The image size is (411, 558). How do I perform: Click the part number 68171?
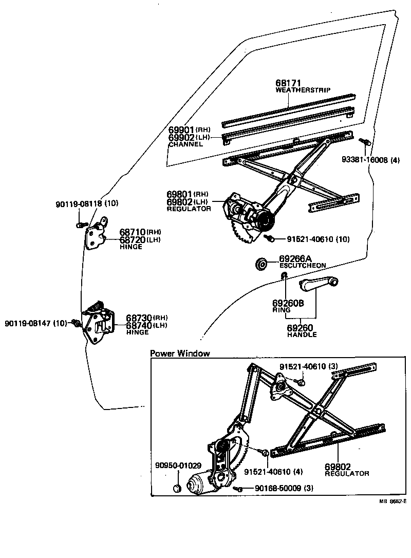pyautogui.click(x=288, y=83)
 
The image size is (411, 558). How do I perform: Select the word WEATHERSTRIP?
pyautogui.click(x=303, y=90)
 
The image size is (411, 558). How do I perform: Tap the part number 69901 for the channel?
pyautogui.click(x=180, y=130)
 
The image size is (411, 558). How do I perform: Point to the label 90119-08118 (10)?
pyautogui.click(x=87, y=204)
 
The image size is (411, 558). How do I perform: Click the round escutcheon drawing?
pyautogui.click(x=262, y=264)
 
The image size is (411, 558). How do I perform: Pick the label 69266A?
pyautogui.click(x=296, y=258)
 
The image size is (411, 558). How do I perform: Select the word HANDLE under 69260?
pyautogui.click(x=302, y=334)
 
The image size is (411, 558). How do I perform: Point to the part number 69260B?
pyautogui.click(x=288, y=304)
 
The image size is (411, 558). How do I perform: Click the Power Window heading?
pyautogui.click(x=180, y=354)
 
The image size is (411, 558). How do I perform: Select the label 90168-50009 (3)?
pyautogui.click(x=284, y=488)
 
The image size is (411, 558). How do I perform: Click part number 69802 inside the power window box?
pyautogui.click(x=338, y=467)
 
